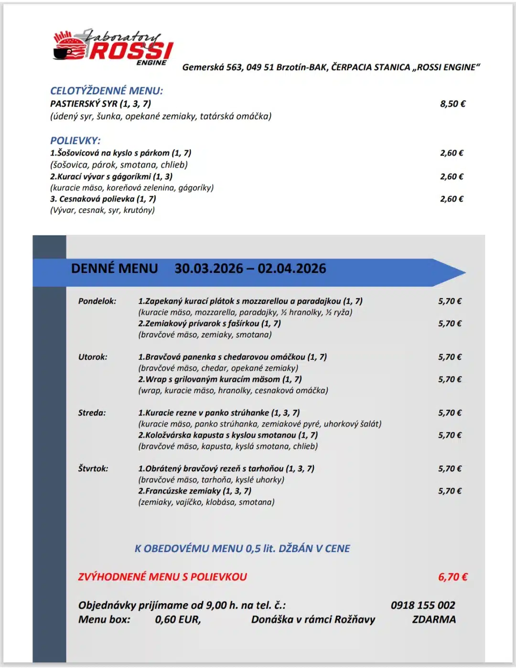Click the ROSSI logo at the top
tap(113, 47)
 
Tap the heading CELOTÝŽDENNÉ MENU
tap(107, 91)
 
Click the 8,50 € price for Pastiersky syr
tap(452, 104)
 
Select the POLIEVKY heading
tap(75, 141)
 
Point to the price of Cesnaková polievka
tap(451, 199)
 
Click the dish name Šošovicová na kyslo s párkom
tap(120, 153)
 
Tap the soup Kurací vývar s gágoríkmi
tap(111, 177)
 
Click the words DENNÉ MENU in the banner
tap(114, 269)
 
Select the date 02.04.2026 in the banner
tap(292, 269)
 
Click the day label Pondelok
tap(97, 301)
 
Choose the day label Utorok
tap(93, 357)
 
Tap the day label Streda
tap(92, 413)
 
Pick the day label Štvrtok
tap(93, 469)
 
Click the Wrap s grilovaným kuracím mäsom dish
tap(220, 379)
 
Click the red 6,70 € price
tap(452, 577)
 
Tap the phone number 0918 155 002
tap(423, 605)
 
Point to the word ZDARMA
tap(434, 619)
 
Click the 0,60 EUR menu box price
tap(178, 619)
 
